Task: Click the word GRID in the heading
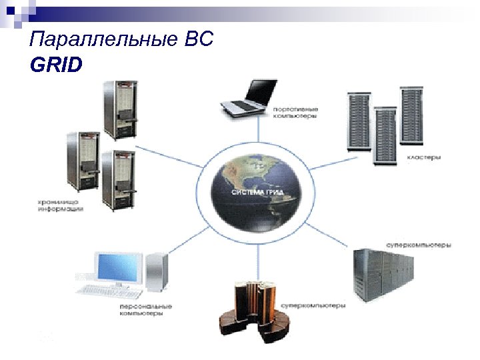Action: coord(57,65)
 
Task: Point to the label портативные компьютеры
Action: coord(295,112)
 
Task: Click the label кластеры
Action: coord(423,159)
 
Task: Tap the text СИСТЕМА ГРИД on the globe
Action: coord(257,191)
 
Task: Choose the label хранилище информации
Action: coord(60,205)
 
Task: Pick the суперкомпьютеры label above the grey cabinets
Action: coord(419,245)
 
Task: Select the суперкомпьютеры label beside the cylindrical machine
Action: coord(313,306)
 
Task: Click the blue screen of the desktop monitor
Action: coord(120,267)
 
